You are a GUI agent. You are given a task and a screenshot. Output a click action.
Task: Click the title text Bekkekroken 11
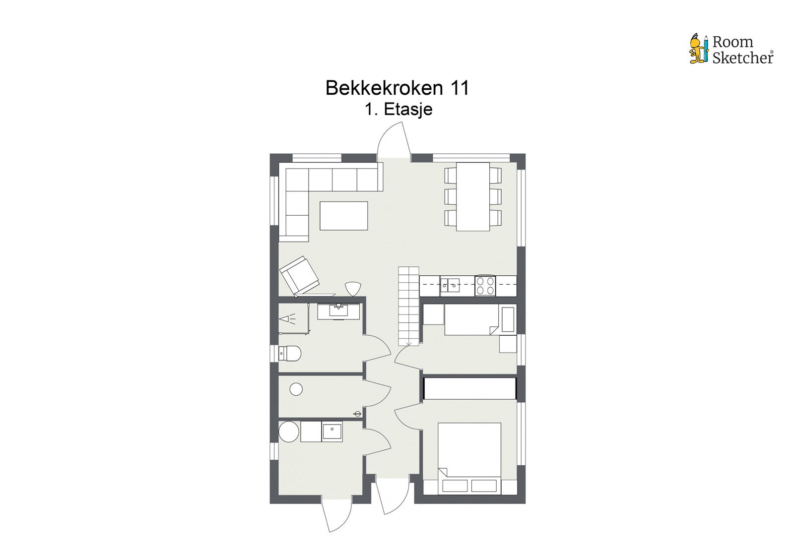coord(397,88)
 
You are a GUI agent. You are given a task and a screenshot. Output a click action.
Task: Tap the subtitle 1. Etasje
coord(398,109)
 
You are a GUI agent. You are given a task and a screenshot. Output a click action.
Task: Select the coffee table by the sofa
coord(343,216)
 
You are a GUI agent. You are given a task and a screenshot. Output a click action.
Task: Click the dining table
coord(472,196)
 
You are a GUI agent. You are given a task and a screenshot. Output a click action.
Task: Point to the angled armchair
coord(299,276)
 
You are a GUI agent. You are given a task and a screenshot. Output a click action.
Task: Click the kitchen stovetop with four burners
coord(485,286)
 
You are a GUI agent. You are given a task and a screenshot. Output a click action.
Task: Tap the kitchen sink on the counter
coord(450,285)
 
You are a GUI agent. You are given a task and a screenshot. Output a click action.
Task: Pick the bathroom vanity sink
coord(339,311)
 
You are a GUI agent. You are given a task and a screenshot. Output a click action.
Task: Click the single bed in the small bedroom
coord(471,319)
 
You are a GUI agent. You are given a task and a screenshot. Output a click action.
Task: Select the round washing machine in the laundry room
coord(289,431)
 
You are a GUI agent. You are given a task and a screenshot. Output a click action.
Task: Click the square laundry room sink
coord(331,431)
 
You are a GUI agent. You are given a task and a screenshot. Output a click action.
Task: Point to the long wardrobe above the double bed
coord(469,388)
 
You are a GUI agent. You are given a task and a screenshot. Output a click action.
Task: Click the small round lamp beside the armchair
coord(353,288)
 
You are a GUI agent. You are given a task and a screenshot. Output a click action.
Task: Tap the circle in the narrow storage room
coord(296,389)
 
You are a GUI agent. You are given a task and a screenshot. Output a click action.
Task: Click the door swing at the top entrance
coord(394,140)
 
